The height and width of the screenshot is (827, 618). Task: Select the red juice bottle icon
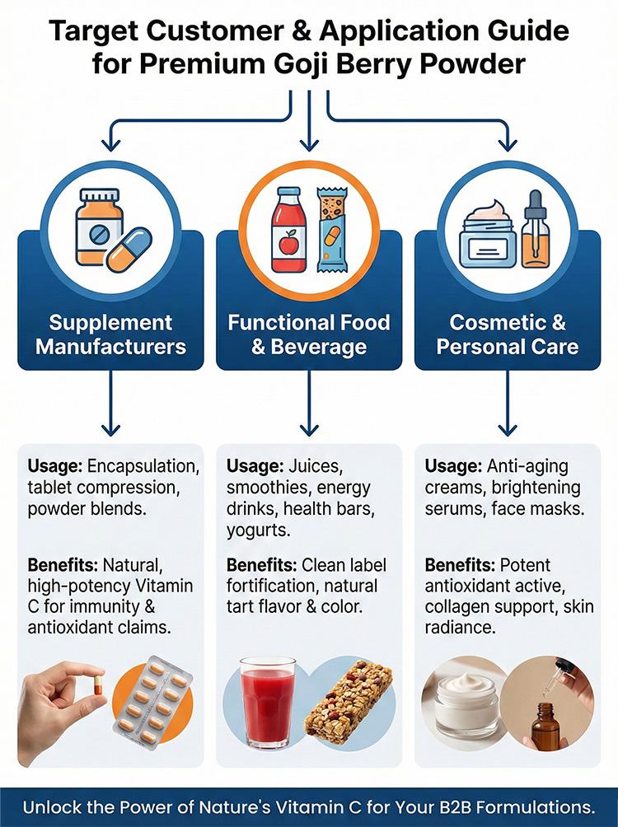(288, 230)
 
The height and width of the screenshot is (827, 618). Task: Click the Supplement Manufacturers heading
(111, 334)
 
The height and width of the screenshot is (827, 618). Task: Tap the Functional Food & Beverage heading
(309, 334)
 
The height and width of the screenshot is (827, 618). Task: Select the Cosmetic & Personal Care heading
(507, 334)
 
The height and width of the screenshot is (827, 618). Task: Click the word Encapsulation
(143, 466)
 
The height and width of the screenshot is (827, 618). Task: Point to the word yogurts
(259, 530)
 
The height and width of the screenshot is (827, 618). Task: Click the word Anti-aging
(527, 466)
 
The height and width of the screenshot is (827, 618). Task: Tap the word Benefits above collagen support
(460, 565)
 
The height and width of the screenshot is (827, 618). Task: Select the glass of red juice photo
(268, 703)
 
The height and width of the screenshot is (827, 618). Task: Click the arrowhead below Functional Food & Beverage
(309, 430)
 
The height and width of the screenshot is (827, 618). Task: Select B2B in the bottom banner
(447, 807)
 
